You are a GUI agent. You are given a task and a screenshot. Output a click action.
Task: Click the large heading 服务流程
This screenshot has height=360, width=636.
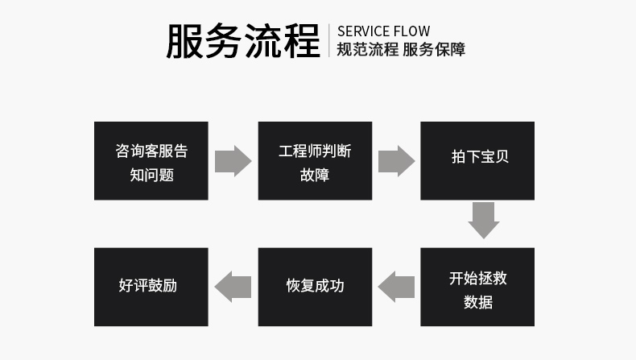[x=243, y=41]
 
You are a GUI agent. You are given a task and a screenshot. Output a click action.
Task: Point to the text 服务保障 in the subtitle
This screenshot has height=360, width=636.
[x=435, y=49]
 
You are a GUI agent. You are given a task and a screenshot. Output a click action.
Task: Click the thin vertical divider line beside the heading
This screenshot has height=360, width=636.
[x=329, y=40]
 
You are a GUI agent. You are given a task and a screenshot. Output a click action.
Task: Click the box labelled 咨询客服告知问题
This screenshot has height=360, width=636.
[x=151, y=161]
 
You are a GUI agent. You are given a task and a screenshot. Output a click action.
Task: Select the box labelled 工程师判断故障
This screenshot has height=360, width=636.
[x=315, y=161]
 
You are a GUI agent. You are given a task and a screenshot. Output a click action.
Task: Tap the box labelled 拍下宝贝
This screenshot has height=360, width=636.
[x=477, y=161]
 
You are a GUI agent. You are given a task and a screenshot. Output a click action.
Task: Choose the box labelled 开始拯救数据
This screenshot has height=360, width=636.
[x=477, y=287]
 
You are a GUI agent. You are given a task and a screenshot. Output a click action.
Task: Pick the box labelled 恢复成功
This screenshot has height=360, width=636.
[x=315, y=287]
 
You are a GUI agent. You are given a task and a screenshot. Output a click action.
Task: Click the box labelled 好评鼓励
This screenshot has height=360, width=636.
[x=151, y=287]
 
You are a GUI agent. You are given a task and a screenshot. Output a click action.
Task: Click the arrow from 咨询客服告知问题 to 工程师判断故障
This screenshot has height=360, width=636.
[x=233, y=161]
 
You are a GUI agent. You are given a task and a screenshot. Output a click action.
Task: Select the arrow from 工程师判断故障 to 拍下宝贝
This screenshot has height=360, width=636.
[x=396, y=161]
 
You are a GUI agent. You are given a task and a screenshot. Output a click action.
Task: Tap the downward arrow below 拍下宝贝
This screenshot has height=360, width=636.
[x=484, y=221]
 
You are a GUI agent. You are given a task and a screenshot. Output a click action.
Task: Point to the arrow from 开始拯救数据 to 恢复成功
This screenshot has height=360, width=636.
[x=396, y=286]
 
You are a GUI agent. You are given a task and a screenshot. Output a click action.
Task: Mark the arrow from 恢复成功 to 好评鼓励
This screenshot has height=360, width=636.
[x=233, y=286]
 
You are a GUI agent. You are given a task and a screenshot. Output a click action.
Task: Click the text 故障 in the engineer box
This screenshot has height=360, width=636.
[x=315, y=175]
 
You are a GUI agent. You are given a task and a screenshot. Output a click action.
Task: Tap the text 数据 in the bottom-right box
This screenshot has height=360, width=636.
[x=478, y=303]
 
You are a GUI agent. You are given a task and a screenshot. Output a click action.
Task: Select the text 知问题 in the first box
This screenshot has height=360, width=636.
[x=151, y=175]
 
